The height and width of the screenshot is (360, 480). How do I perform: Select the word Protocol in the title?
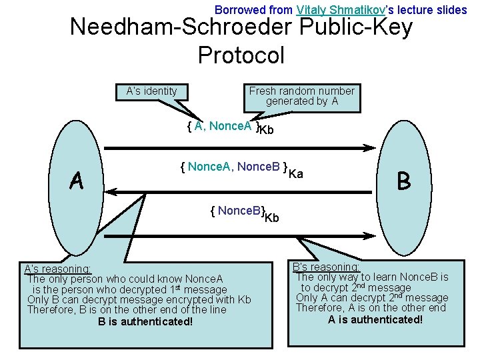coord(241,55)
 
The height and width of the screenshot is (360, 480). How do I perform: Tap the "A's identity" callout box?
coord(152,91)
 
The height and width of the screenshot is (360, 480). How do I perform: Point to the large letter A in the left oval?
coord(77,180)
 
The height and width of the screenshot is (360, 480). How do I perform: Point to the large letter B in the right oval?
coord(403,181)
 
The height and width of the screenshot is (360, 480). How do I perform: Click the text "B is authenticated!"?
coord(145,322)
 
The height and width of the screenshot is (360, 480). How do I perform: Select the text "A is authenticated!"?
coord(375,319)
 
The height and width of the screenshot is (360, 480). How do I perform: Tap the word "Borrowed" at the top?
coord(235,10)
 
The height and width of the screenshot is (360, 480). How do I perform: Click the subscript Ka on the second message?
coord(297,174)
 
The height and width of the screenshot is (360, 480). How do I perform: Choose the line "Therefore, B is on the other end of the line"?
coord(127,310)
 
